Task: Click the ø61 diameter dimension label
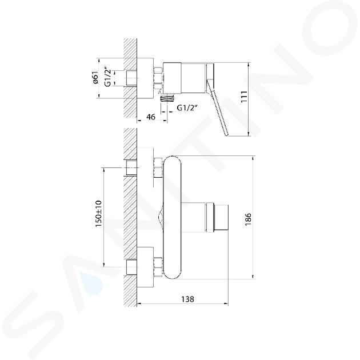[x=95, y=78]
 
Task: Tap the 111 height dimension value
[x=244, y=97]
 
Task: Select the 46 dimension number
[x=151, y=117]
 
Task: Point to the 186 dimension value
[x=248, y=219]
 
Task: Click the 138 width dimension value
[x=187, y=299]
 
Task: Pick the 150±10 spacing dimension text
[x=98, y=214]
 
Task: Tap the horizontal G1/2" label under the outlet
[x=187, y=107]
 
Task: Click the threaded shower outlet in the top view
[x=168, y=99]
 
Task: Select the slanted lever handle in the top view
[x=217, y=108]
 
